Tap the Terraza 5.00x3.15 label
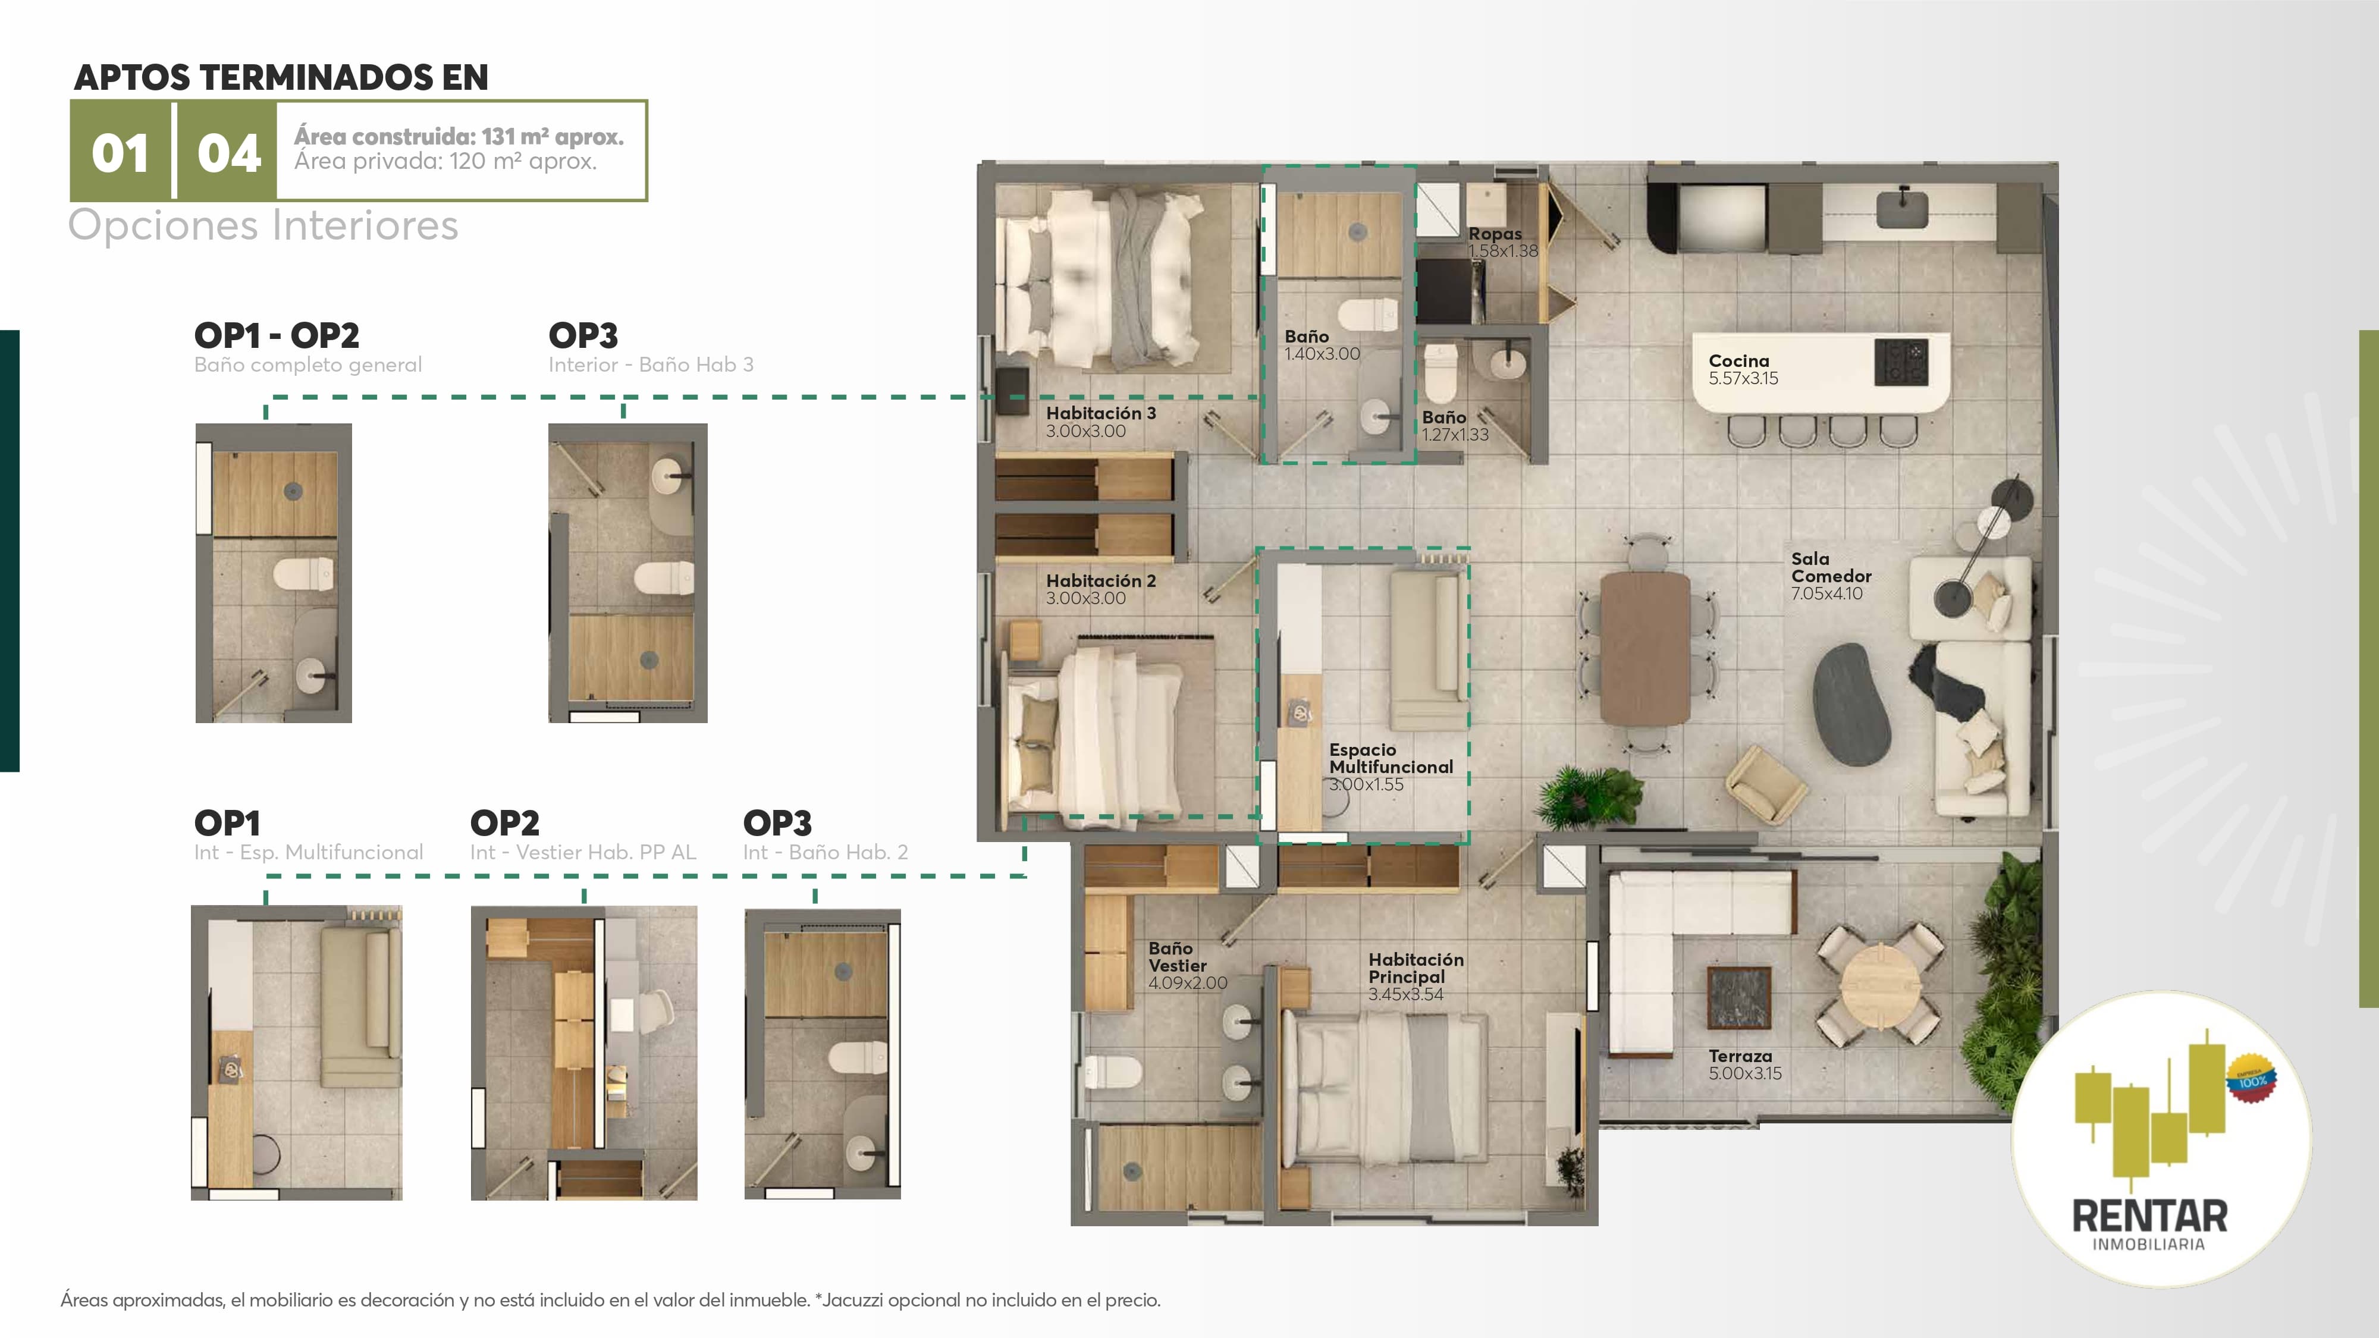1744,1064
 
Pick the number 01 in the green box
120,153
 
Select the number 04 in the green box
229,153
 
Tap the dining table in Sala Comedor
1645,646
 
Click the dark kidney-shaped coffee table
1851,703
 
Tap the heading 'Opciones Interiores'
263,225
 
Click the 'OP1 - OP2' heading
276,335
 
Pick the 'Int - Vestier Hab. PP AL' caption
583,852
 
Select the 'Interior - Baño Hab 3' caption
651,365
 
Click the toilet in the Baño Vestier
1111,1073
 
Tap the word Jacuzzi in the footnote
854,1300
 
